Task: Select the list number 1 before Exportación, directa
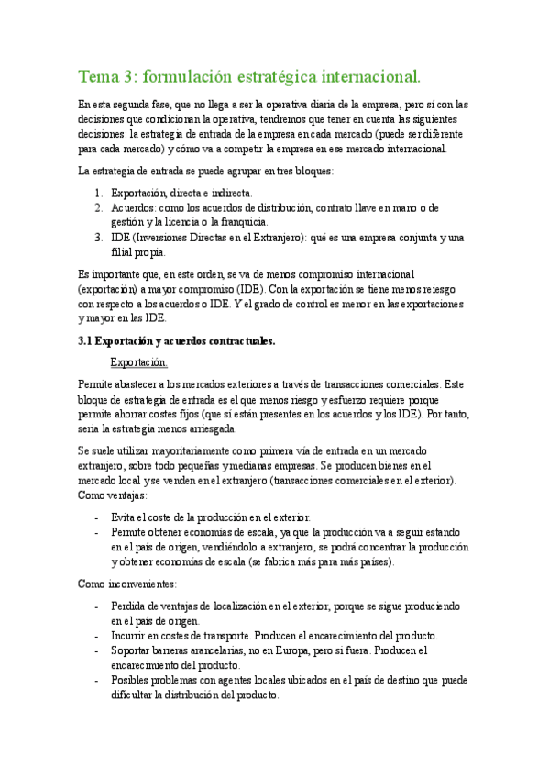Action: [99, 194]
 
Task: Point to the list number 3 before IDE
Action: [99, 238]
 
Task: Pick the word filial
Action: [122, 251]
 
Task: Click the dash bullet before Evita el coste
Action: [97, 517]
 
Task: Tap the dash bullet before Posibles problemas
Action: [97, 680]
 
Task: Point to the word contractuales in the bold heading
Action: [231, 341]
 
